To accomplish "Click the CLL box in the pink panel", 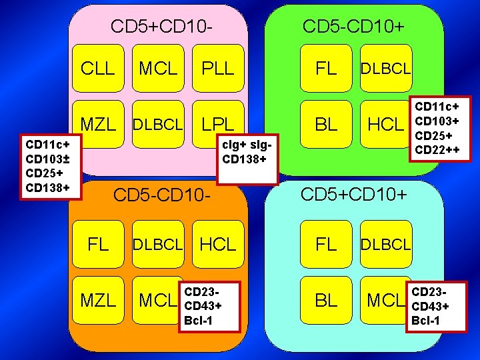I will [98, 68].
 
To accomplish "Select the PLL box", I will [217, 68].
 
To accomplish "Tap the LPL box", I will [217, 124].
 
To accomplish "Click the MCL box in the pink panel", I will [158, 68].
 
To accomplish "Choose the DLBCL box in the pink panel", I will [158, 124].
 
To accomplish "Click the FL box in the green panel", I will [326, 68].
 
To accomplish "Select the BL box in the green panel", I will [326, 124].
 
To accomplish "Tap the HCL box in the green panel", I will [386, 124].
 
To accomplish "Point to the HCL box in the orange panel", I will [218, 244].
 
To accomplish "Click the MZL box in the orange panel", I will [98, 300].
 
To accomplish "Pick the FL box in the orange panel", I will [98, 244].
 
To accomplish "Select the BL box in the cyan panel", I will [326, 300].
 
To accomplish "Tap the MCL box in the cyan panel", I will [386, 300].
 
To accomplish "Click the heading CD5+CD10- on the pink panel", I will [162, 27].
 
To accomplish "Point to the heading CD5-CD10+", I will [353, 27].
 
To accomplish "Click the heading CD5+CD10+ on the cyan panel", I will [353, 195].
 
